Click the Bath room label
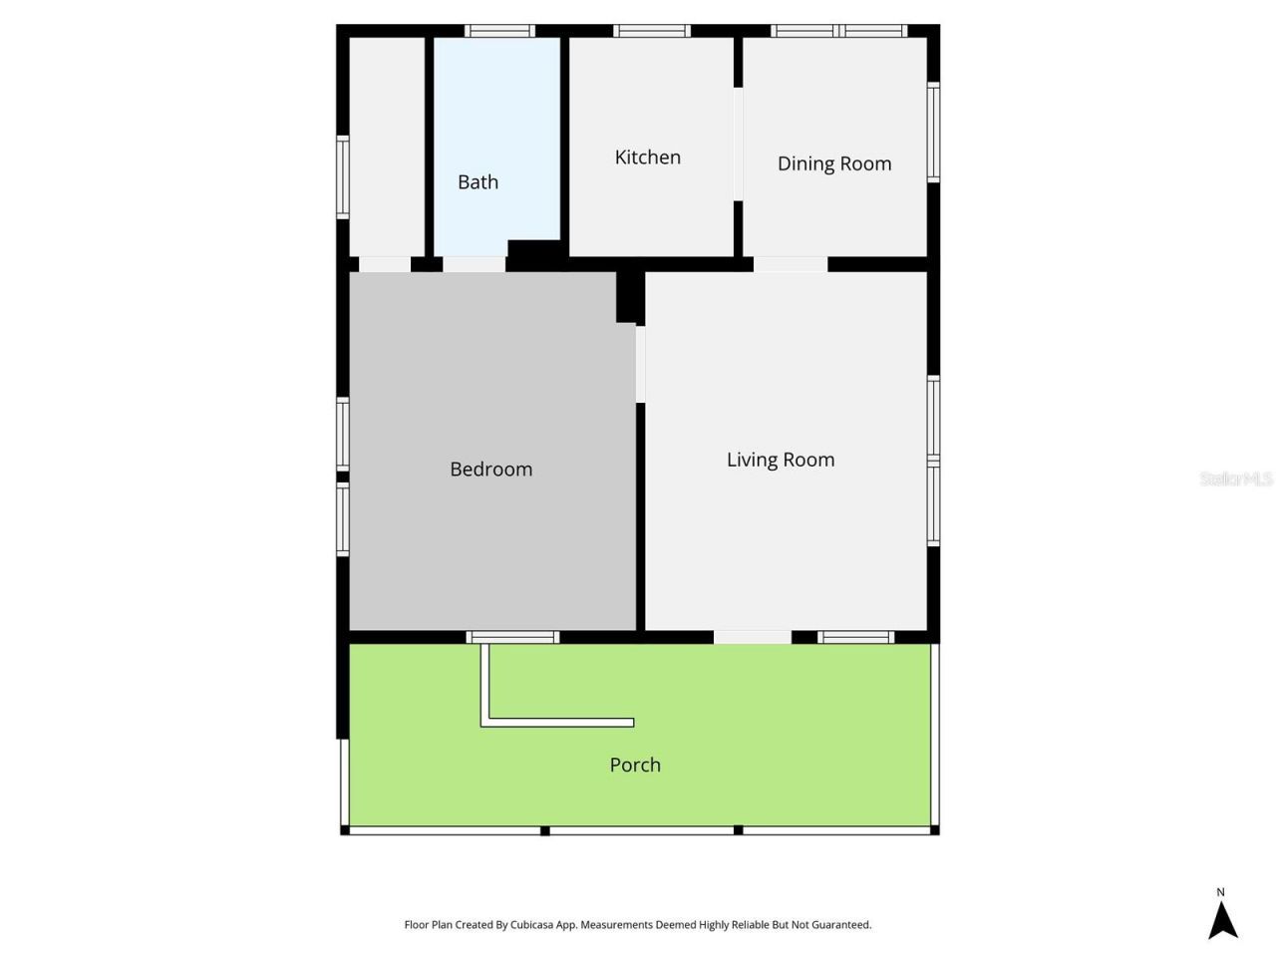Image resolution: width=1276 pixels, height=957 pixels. click(478, 182)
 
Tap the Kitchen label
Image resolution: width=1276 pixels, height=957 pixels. click(647, 158)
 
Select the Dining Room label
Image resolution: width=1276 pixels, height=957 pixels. click(833, 163)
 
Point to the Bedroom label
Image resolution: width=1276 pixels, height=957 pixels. click(490, 470)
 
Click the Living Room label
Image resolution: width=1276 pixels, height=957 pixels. click(780, 460)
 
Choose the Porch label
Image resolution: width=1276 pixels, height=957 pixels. click(635, 765)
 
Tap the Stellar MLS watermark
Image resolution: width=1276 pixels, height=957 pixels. click(1235, 479)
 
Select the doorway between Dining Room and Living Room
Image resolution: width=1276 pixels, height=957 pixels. click(790, 264)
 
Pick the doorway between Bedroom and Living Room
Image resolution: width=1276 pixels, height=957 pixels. click(640, 364)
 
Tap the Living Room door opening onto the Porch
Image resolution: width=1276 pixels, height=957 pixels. click(753, 637)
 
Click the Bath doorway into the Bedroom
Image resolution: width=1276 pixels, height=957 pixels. click(474, 264)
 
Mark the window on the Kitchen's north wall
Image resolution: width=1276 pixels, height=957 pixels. click(652, 31)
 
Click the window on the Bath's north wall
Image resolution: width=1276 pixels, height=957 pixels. click(500, 31)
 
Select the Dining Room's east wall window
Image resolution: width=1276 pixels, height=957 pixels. click(933, 132)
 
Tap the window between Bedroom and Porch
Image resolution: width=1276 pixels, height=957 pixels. click(512, 637)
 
